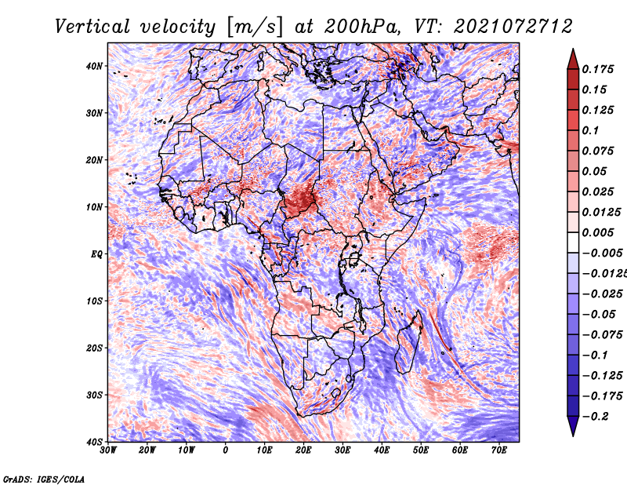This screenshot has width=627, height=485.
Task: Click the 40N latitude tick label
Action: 94,66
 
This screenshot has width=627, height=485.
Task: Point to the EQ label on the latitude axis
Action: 96,254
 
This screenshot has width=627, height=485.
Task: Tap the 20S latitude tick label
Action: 94,348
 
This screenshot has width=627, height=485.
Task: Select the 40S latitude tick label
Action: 94,442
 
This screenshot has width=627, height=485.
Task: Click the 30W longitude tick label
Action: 108,450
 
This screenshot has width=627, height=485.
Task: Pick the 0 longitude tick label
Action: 226,450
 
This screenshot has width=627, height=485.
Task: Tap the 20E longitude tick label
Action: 303,450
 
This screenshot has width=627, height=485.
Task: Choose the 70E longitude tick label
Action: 499,450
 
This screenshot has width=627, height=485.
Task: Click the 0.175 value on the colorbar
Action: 597,69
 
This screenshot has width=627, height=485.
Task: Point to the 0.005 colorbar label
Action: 597,232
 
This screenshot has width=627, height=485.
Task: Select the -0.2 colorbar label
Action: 595,417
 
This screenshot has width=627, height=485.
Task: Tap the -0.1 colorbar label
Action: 595,356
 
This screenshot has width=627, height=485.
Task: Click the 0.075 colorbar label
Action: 597,151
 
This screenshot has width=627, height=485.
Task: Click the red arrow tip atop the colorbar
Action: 573,49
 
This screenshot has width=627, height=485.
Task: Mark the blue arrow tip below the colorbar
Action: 573,435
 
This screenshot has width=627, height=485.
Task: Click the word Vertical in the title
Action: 92,27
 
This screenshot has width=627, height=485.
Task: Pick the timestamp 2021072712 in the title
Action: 513,27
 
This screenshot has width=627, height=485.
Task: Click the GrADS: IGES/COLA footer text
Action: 44,479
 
